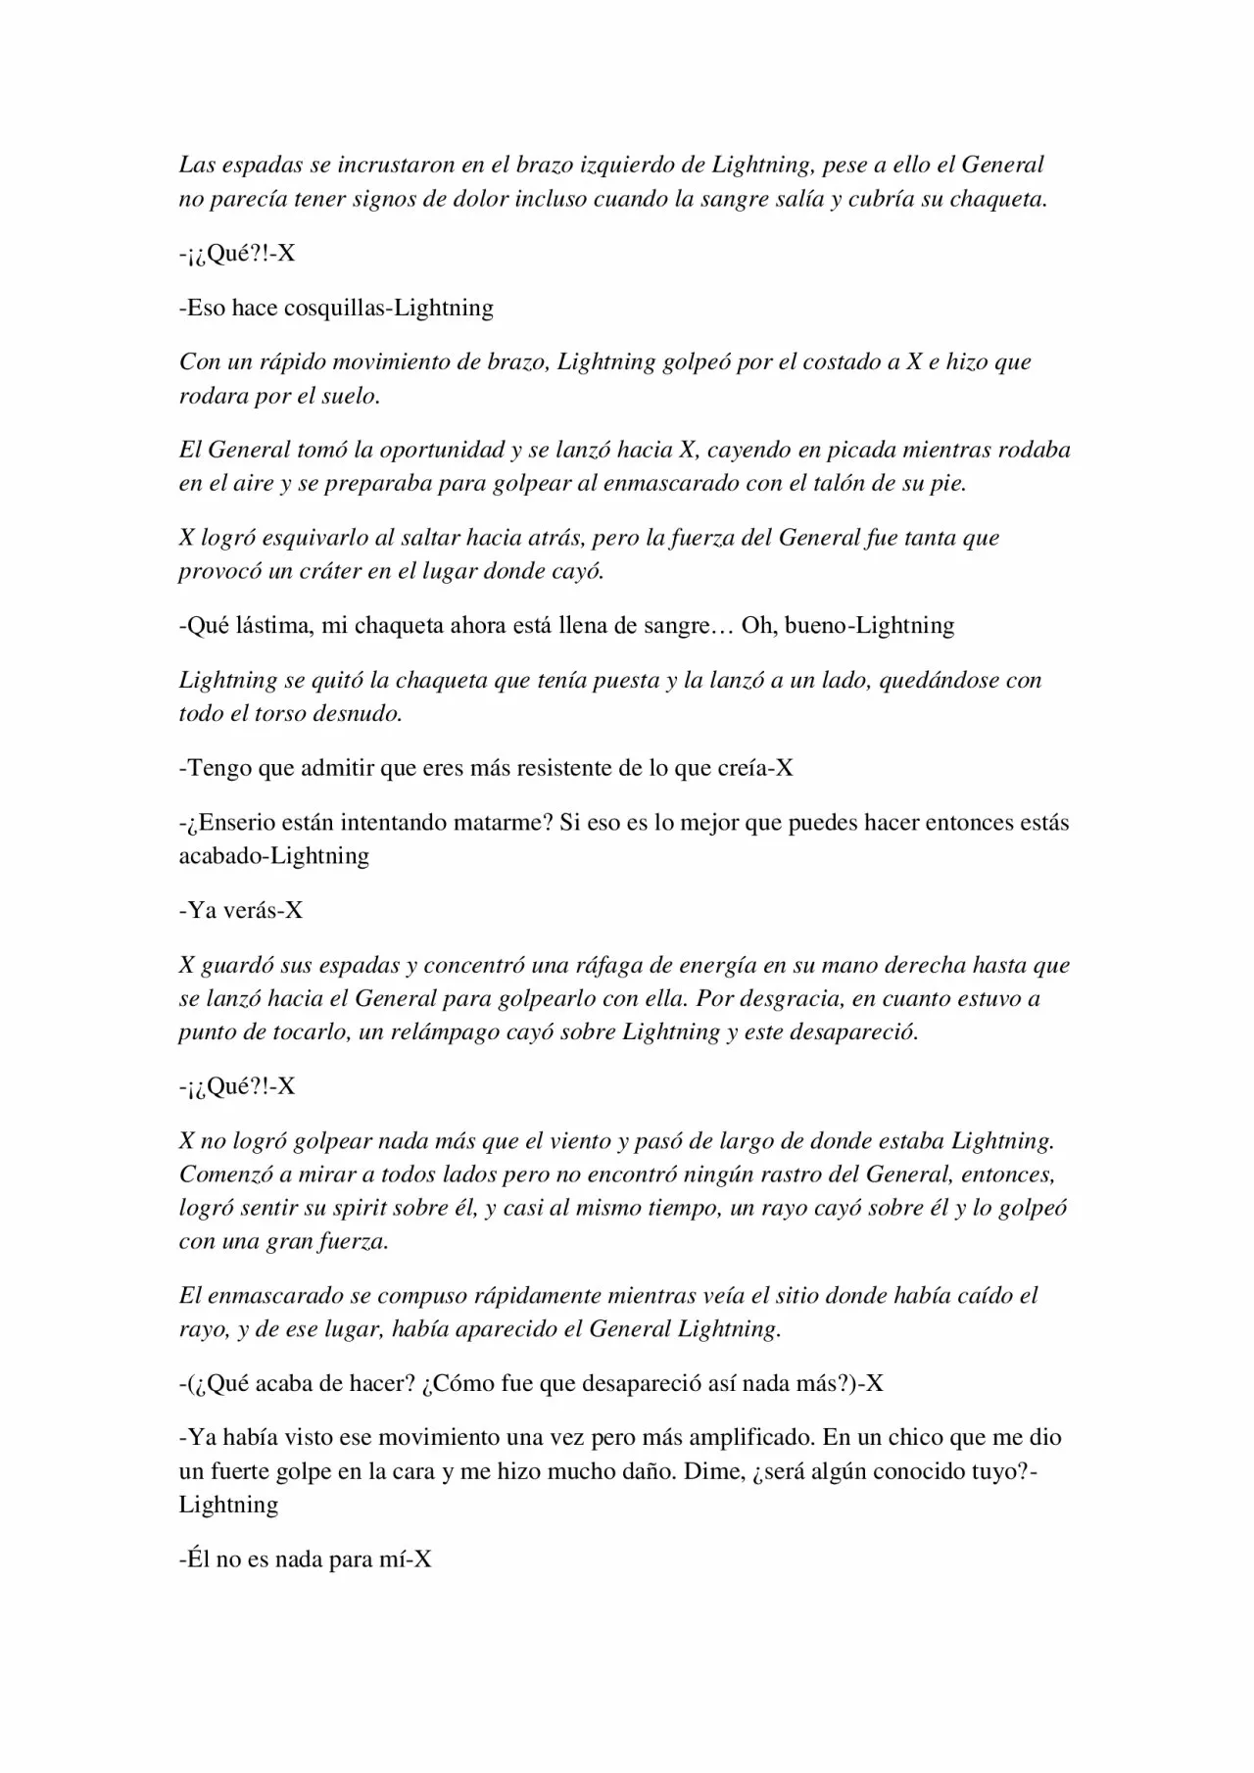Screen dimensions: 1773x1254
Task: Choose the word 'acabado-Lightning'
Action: point(273,855)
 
